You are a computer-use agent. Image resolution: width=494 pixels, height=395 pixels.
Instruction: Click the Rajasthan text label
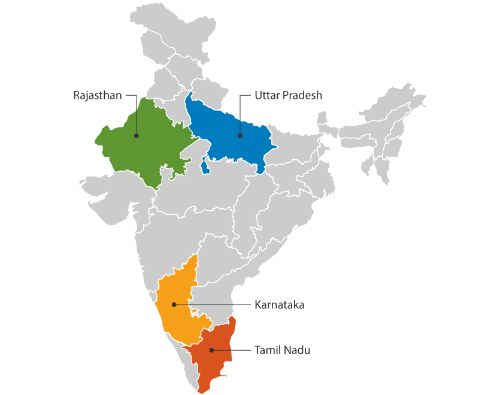[97, 95]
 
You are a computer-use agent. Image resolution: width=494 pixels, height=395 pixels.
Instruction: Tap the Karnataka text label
[280, 305]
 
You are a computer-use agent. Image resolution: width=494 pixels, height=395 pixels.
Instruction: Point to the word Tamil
[267, 350]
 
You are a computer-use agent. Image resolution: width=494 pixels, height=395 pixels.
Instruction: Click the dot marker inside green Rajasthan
[137, 136]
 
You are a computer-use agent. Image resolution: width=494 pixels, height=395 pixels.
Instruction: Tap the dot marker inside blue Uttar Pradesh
[240, 136]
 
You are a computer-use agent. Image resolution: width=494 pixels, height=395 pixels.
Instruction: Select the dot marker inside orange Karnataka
[174, 305]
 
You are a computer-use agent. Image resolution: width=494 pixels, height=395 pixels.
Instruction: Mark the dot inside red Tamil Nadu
[211, 350]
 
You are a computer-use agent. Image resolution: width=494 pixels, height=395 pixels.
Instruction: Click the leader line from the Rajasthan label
[137, 114]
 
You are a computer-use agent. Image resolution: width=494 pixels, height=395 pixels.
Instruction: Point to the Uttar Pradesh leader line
[240, 114]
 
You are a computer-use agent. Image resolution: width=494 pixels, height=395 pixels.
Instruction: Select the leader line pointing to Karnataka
[216, 305]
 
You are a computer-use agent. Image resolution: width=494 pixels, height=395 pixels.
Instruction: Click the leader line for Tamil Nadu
[231, 350]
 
